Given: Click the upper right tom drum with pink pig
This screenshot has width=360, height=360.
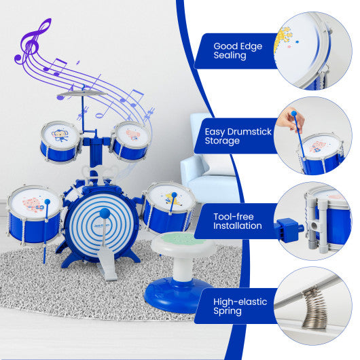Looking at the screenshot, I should point(130,139).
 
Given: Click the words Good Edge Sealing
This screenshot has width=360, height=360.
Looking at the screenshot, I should point(230,51).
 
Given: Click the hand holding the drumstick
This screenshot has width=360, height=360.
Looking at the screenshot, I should point(295,120).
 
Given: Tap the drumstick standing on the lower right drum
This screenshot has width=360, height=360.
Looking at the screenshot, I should point(173,208).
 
